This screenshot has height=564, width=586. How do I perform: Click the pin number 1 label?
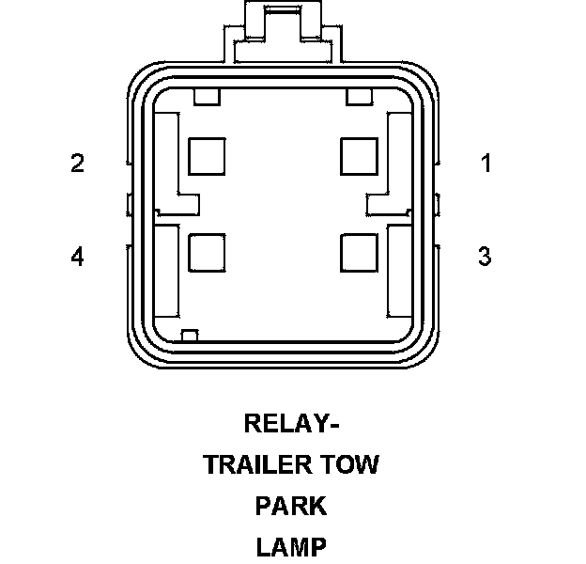pos(486,164)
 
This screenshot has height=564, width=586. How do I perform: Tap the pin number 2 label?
pos(78,164)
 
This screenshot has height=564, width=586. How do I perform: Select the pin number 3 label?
pos(485,256)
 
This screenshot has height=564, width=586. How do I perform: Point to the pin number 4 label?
pos(78,256)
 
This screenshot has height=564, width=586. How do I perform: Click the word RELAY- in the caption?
pos(291,424)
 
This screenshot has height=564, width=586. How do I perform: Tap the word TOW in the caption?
pos(347,464)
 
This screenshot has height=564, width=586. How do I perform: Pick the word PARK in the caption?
pos(291,506)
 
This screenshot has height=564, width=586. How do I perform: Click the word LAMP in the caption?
pos(291,546)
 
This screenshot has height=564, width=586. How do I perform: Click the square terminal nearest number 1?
pos(360,156)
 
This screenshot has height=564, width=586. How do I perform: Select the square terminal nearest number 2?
pos(208,156)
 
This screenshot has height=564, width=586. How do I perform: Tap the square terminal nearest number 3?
pos(360,251)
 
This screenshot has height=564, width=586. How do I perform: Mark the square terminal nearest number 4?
pos(208,251)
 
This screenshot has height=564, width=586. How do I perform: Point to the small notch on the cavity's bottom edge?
pos(190,336)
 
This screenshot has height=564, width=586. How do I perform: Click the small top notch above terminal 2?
pos(206,96)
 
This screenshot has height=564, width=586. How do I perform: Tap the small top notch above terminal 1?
pos(360,96)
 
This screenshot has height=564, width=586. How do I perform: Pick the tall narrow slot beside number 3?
pos(400,271)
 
